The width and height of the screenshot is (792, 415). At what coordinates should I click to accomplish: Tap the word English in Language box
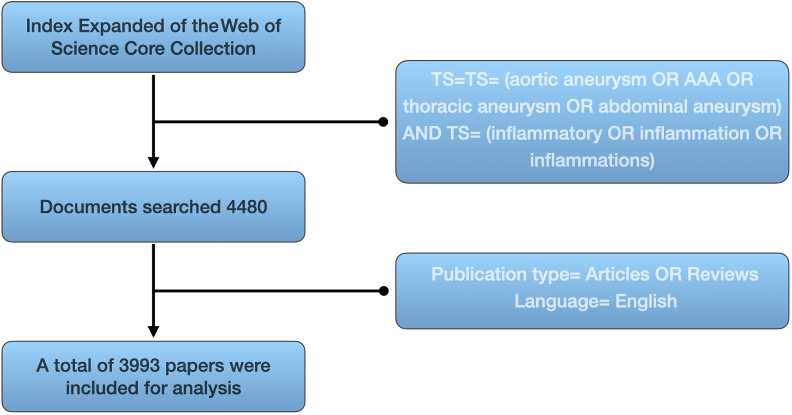point(646,302)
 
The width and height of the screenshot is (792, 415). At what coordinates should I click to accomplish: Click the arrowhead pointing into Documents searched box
point(153,162)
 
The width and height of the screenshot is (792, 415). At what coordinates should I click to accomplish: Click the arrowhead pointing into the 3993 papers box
point(153,331)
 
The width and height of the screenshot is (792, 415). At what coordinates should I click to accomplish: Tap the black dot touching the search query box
point(384,122)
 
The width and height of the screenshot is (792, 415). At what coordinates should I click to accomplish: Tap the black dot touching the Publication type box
point(384,291)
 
